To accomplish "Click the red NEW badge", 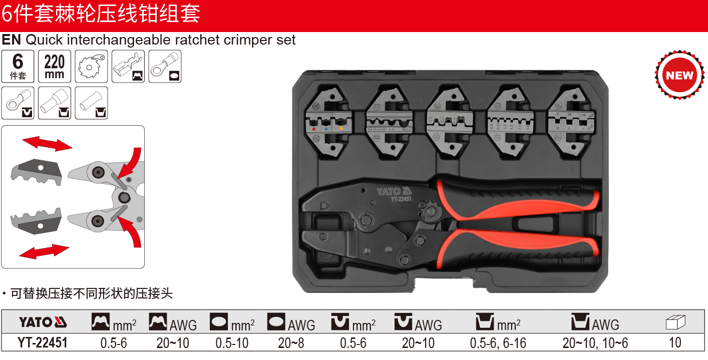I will click(x=679, y=76).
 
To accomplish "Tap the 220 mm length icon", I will click(x=55, y=67).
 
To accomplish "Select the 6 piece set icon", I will click(x=18, y=67).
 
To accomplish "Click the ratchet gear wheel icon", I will click(x=92, y=67).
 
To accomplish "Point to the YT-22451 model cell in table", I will click(x=43, y=342).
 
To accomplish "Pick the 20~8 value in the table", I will click(x=291, y=342).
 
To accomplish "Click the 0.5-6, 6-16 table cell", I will click(x=498, y=342).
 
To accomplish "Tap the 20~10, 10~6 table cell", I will click(x=595, y=342).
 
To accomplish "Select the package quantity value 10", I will click(x=675, y=342).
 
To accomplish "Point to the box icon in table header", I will click(x=675, y=322).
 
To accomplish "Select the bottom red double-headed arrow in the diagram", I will click(x=44, y=251).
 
